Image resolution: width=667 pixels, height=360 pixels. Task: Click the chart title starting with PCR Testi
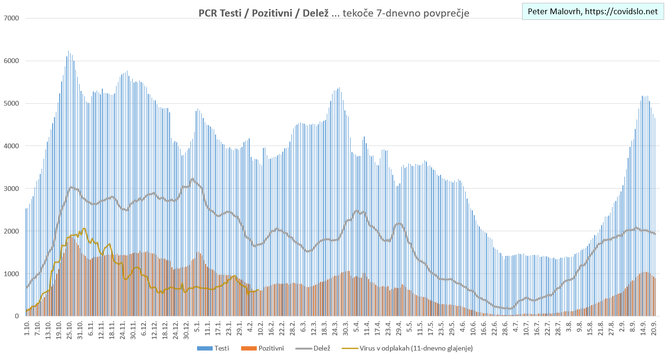click(333, 13)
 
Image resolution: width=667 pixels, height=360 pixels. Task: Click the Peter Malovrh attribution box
click(592, 12)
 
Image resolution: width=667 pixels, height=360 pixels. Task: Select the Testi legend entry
click(214, 349)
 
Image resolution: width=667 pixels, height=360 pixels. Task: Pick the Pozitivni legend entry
click(263, 349)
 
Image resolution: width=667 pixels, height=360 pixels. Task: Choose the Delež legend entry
click(313, 349)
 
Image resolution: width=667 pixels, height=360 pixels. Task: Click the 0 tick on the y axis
click(16, 316)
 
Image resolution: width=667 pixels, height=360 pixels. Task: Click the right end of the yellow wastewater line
click(258, 290)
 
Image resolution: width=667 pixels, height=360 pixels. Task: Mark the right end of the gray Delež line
click(655, 234)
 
